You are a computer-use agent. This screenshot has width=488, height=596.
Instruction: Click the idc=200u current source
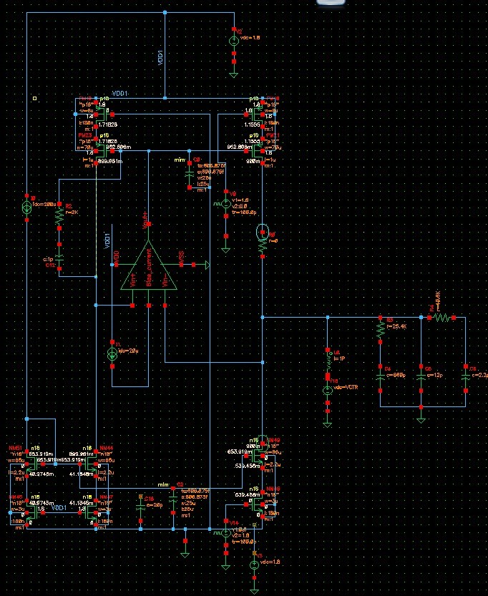pos(26,207)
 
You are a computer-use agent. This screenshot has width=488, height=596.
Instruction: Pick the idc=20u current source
pos(112,353)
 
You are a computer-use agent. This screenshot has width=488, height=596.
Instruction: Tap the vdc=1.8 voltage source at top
pos(234,41)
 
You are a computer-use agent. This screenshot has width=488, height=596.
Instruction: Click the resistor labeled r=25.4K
pos(380,328)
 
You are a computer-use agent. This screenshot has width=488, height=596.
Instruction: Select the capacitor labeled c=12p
pos(420,376)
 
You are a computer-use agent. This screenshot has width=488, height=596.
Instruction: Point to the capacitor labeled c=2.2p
pos(465,376)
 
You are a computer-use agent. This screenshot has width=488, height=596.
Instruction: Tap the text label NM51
pos(15,447)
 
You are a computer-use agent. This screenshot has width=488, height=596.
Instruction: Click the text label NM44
pos(107,447)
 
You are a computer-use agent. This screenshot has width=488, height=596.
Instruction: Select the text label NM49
pos(273,439)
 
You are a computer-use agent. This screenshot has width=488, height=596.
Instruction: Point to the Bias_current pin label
pos(149,274)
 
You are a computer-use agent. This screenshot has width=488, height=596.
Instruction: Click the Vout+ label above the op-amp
pos(147,218)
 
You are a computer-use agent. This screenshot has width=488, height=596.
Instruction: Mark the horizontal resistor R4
pos(440,317)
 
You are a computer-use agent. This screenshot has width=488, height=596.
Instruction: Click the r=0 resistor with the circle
pos(263,238)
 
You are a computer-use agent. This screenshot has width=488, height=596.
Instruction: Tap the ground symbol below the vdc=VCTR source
pos(327,422)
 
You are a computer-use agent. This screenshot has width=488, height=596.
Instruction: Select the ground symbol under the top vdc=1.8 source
pos(234,72)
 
